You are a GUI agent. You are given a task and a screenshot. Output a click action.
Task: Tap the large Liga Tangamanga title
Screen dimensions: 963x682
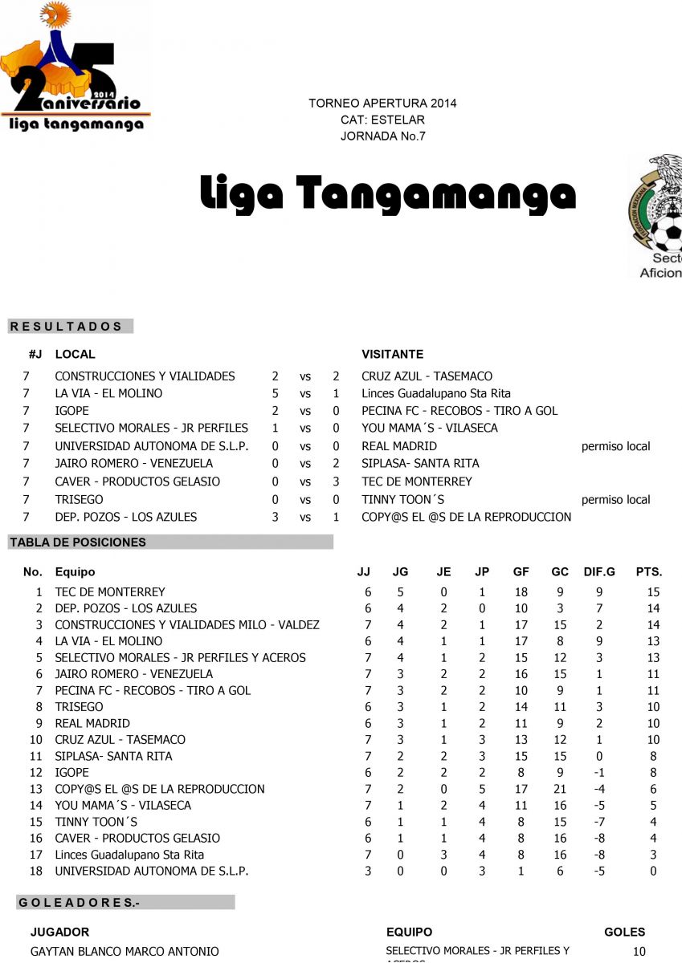pos(388,193)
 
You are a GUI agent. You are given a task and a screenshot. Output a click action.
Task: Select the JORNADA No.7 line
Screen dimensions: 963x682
pos(383,136)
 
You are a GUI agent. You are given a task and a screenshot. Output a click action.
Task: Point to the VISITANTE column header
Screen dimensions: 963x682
pos(393,354)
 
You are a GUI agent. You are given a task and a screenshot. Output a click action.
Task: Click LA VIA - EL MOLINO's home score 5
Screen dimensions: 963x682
pos(276,393)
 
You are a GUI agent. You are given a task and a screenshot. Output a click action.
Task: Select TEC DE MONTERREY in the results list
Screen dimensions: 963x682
pos(417,481)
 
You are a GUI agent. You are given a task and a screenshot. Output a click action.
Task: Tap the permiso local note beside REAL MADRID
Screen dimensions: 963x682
pos(616,446)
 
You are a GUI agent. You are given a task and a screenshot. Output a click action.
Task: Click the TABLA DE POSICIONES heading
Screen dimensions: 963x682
pos(78,542)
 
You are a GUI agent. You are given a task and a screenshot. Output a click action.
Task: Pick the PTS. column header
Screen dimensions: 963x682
pos(649,572)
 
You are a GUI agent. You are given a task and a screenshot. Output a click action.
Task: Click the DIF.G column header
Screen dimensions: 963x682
pos(599,572)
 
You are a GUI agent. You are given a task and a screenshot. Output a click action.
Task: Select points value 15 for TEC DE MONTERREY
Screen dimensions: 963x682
pos(653,592)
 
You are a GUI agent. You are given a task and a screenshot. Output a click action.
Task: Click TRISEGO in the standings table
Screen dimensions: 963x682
pos(79,707)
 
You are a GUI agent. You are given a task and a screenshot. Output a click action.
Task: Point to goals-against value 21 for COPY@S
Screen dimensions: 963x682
pos(560,789)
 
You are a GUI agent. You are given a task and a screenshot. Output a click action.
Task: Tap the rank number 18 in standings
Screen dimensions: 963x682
pos(35,871)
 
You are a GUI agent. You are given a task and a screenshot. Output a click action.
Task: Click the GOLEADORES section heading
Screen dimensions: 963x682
pos(79,903)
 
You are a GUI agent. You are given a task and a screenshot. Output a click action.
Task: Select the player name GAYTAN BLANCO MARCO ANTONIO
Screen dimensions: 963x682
pos(125,952)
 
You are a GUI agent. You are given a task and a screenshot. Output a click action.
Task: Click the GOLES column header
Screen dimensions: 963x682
pos(625,933)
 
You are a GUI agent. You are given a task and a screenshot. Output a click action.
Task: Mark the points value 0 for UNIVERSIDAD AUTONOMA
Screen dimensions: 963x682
pos(654,871)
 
